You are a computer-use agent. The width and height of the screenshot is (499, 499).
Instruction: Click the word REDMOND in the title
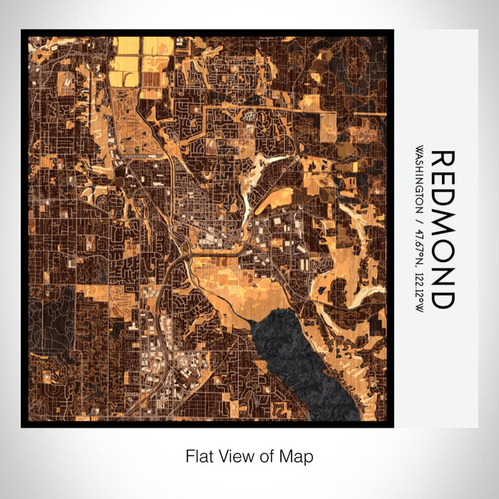pos(441,229)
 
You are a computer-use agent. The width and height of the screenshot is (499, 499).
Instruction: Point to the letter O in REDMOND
pos(441,252)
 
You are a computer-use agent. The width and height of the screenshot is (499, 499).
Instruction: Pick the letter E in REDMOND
pos(441,181)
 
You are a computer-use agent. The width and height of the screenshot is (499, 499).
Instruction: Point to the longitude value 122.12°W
pos(418,289)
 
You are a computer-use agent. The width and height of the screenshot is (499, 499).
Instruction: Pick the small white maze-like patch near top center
pos(249,114)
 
